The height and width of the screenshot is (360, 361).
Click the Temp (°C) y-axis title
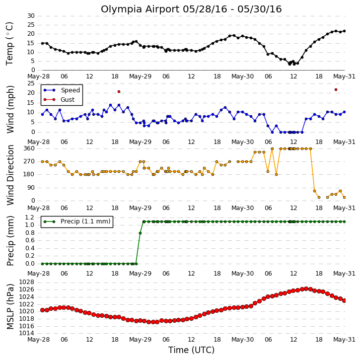coord(9,44)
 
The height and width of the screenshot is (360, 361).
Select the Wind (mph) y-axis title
coord(10,109)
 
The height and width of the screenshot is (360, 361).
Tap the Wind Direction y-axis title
coord(10,175)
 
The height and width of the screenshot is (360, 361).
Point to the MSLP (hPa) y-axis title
coord(10,306)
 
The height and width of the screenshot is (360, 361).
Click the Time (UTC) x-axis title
coord(191,350)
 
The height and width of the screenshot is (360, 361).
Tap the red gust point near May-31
coord(336,90)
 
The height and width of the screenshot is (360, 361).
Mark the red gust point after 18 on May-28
coord(119,91)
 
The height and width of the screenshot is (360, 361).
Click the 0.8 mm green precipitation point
coord(140,233)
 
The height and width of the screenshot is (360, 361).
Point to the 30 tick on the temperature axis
coord(31,16)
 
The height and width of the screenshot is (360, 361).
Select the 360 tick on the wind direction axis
coord(29,148)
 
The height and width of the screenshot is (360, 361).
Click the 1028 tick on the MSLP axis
coord(26,282)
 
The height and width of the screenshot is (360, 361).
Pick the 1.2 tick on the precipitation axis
coord(30,217)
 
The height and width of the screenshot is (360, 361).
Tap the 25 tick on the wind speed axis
coord(31,83)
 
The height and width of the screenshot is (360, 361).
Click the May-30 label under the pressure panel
coord(242,340)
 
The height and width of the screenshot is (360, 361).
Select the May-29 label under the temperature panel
coord(140,76)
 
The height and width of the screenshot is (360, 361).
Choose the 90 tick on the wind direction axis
coord(31,188)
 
